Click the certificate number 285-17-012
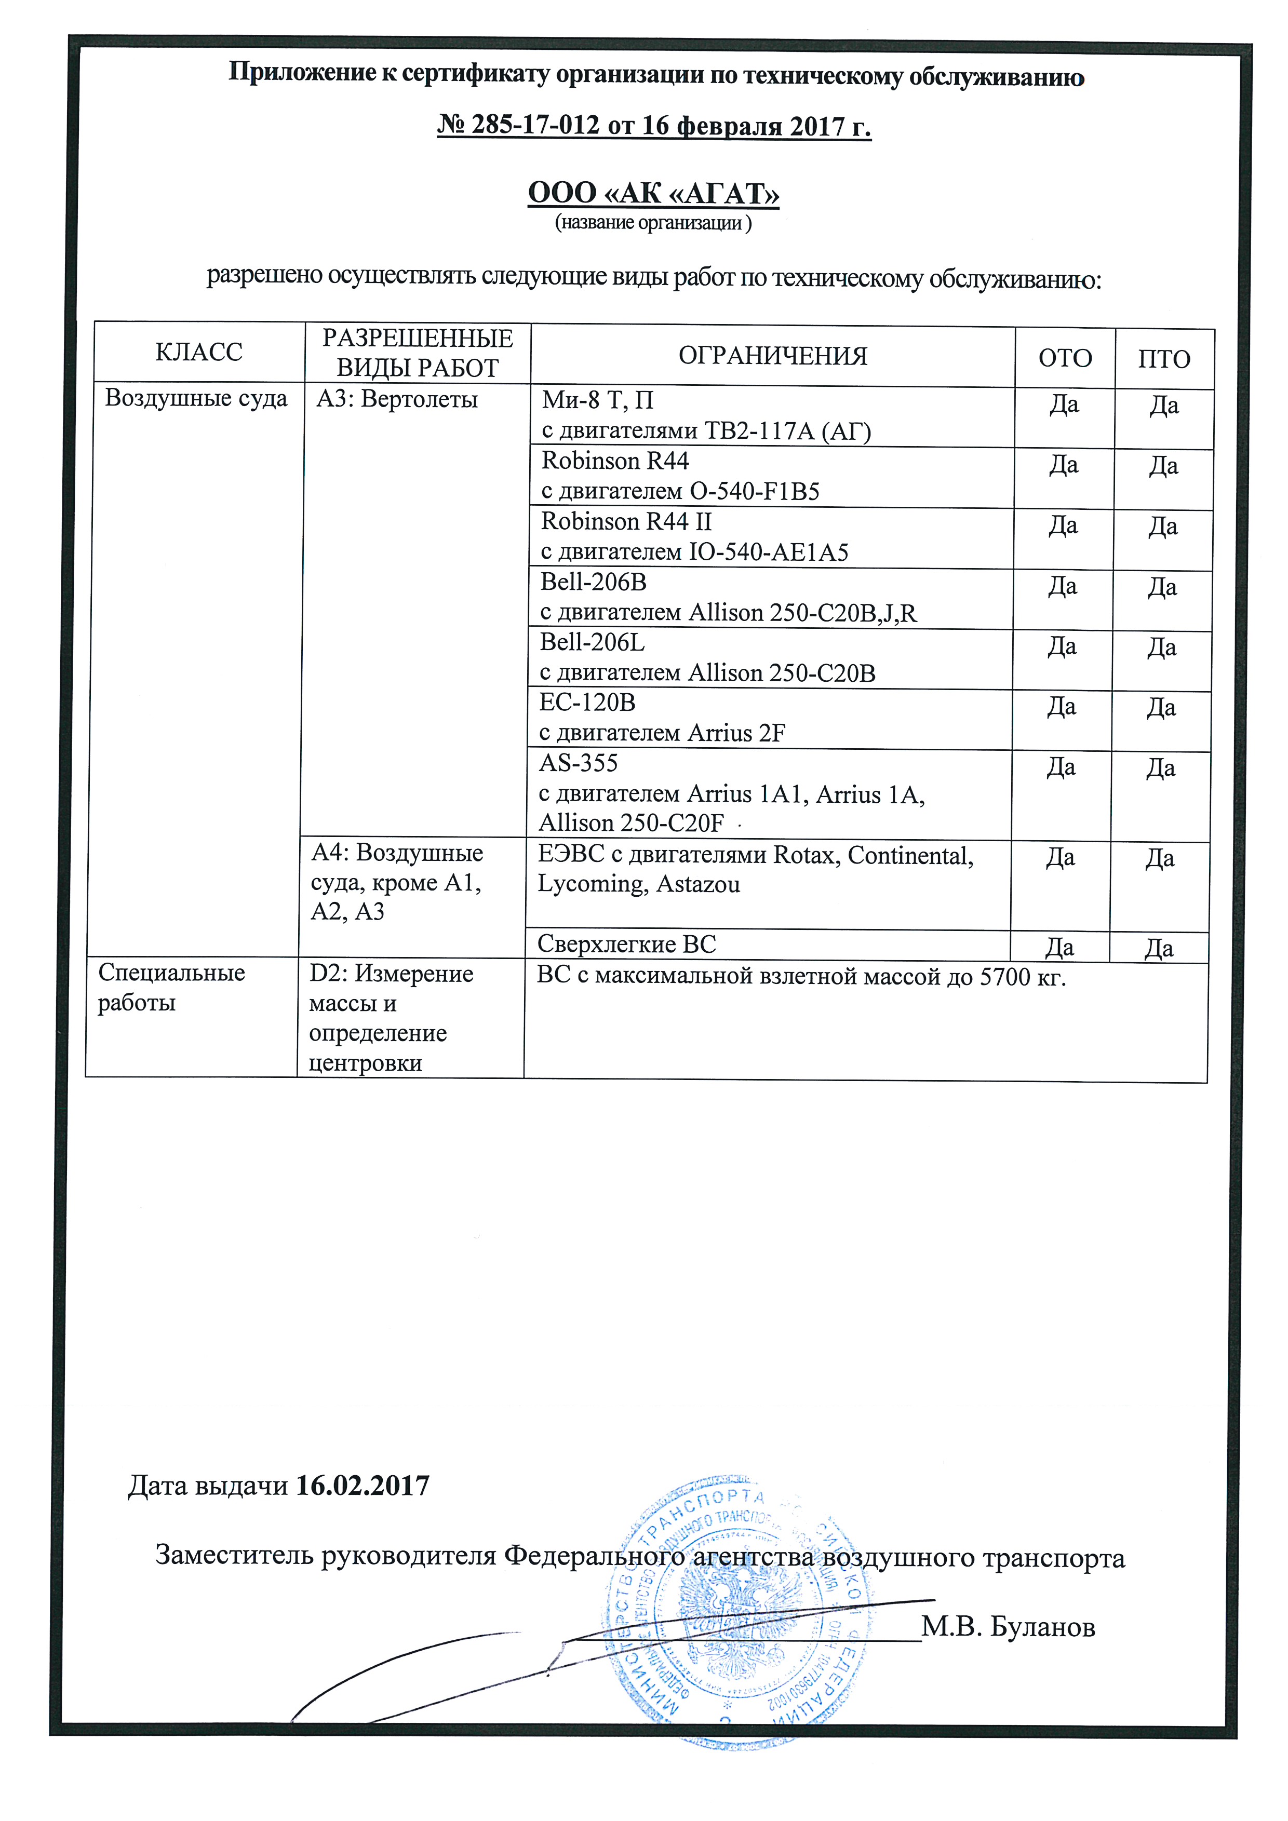535,125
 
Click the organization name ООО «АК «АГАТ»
653,193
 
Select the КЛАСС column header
199,352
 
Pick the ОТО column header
1065,358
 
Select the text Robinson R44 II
626,521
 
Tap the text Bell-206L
593,642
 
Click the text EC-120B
588,702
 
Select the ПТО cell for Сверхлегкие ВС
1159,948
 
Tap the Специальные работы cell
171,988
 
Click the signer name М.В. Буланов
1008,1627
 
